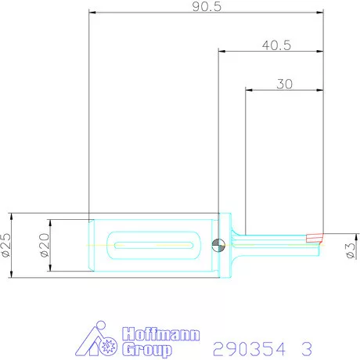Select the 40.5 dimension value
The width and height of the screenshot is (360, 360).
[276, 45]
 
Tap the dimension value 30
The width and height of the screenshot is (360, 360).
[284, 84]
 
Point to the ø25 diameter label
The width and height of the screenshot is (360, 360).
[5, 245]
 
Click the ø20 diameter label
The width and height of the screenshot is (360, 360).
[43, 245]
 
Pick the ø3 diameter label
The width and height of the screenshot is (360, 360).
[351, 250]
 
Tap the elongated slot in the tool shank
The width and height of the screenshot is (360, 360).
[153, 245]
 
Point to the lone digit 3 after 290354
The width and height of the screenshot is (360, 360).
[307, 347]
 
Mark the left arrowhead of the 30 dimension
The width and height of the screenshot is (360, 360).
[250, 90]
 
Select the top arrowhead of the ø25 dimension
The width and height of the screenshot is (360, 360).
[11, 215]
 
